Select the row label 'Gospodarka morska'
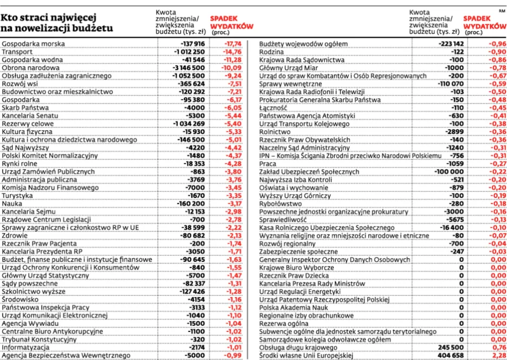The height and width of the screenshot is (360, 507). [x=34, y=43]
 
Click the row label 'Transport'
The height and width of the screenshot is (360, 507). [x=18, y=51]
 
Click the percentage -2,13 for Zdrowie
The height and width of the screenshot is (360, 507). [x=233, y=235]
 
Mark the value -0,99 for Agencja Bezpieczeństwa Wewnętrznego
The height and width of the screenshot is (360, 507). [x=233, y=356]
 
